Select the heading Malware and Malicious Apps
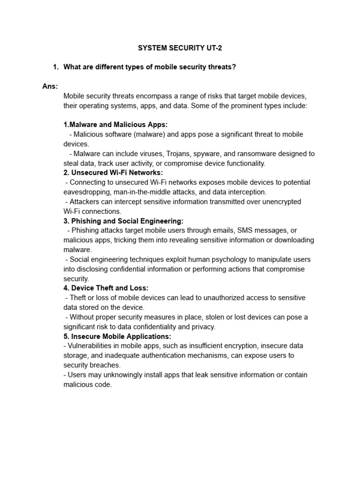[x=115, y=125]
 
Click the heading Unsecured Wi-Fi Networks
[x=113, y=172]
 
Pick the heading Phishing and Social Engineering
[x=123, y=221]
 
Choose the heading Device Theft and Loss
[x=106, y=288]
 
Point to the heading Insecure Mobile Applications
[x=117, y=336]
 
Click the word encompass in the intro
[x=152, y=96]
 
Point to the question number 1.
[x=56, y=67]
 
